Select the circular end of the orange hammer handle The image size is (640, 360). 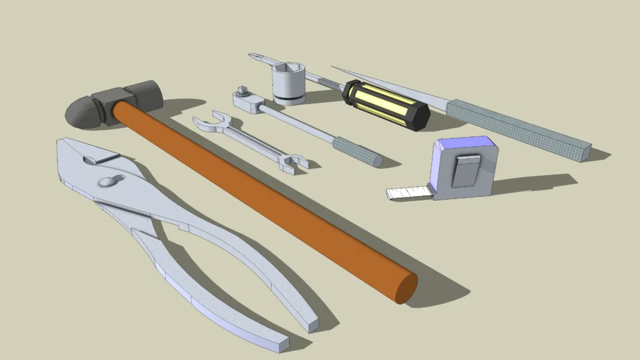click(406, 288)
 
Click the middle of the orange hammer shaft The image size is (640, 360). click(260, 197)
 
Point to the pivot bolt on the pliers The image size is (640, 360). click(108, 181)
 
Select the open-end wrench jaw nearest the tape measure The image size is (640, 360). click(293, 164)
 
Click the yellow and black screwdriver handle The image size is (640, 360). click(385, 104)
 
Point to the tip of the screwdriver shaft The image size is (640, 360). click(252, 56)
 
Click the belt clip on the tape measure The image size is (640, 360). click(466, 171)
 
